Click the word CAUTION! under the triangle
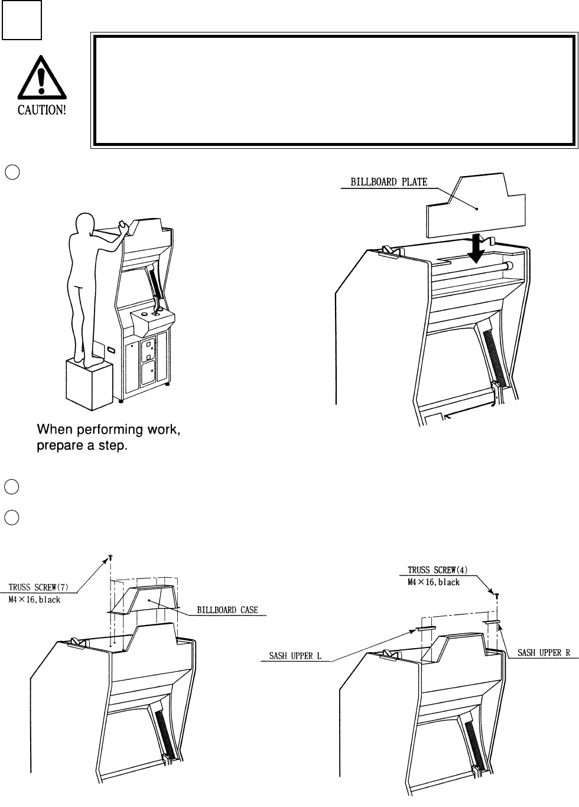pyautogui.click(x=41, y=110)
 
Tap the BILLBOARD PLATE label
pyautogui.click(x=389, y=183)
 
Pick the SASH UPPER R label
pyautogui.click(x=542, y=653)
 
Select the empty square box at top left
pyautogui.click(x=21, y=20)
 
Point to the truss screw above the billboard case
pyautogui.click(x=110, y=557)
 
